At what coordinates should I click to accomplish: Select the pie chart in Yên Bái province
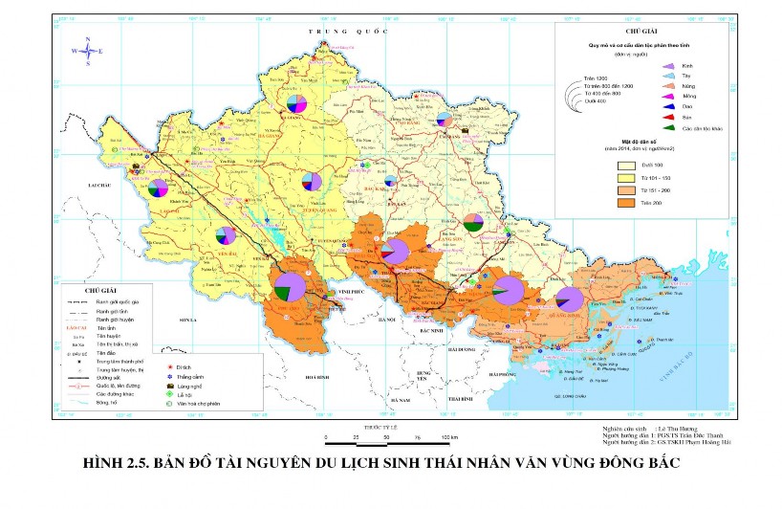(x=226, y=235)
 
